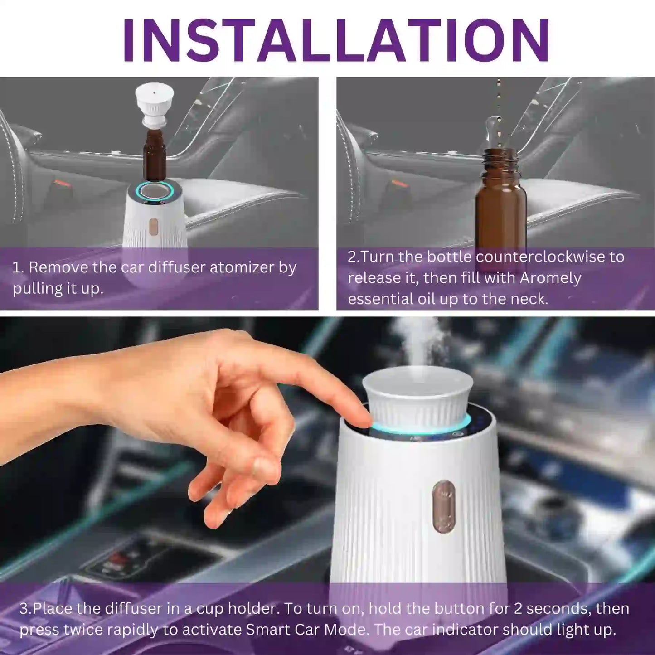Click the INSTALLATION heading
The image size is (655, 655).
[336, 40]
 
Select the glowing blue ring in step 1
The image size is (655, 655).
[155, 191]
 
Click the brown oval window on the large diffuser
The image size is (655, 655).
[443, 507]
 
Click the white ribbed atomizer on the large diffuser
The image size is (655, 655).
[417, 399]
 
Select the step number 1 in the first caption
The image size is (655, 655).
[17, 267]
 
